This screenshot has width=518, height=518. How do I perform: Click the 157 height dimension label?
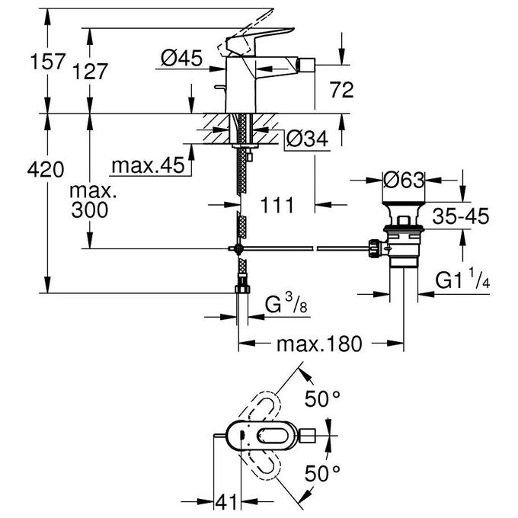48,62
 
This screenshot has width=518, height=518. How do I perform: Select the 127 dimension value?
90,72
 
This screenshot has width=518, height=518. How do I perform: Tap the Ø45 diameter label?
182,59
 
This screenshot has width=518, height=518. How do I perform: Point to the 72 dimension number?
342,90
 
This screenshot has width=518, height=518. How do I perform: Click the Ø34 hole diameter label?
307,139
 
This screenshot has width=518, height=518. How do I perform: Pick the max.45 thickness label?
149,165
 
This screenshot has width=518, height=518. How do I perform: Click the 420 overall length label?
46,170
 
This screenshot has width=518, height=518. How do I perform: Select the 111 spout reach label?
277,205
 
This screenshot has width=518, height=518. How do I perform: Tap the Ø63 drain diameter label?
404,181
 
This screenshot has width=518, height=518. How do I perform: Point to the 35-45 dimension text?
461,216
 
